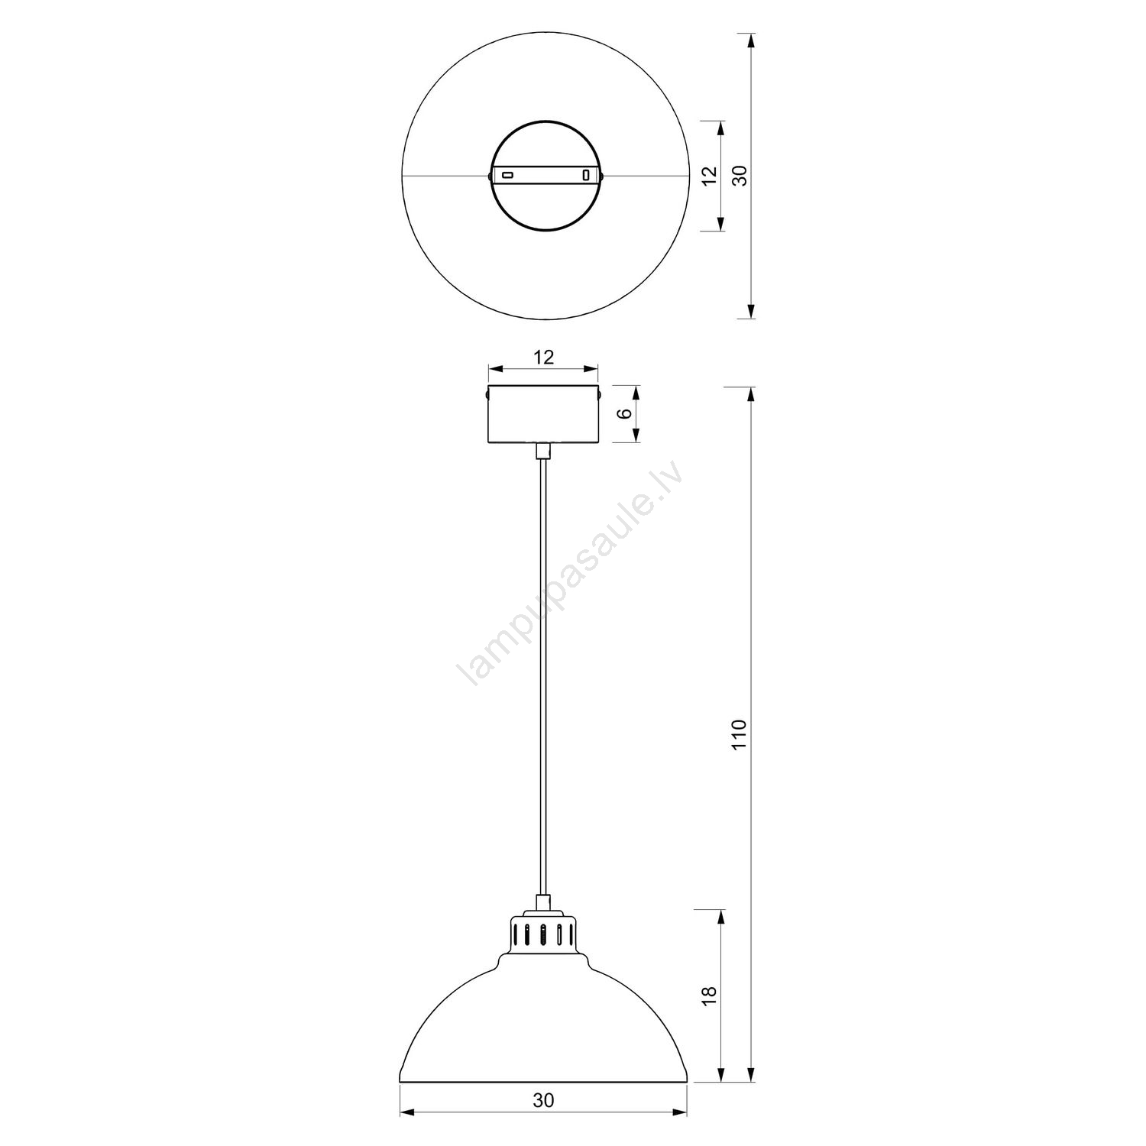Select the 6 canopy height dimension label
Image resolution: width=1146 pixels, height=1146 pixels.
tap(625, 414)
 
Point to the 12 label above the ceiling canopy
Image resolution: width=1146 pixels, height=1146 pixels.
tap(543, 357)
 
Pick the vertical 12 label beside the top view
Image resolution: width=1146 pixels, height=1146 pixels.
tap(709, 176)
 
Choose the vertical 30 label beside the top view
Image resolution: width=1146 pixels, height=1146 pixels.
tap(738, 176)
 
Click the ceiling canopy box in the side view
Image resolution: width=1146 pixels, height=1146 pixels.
tap(543, 414)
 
